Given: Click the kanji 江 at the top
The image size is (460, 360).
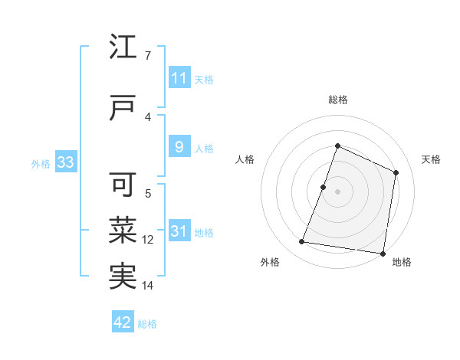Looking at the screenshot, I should [123, 49].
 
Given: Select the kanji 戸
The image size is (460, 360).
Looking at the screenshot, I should [123, 109].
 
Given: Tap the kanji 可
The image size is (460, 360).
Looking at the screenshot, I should [123, 185].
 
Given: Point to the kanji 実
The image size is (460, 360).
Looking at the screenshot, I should [123, 276].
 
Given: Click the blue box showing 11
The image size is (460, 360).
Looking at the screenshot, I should [179, 78].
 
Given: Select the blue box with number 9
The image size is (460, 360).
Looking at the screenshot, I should [179, 147].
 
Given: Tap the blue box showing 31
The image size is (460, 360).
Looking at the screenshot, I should [179, 231].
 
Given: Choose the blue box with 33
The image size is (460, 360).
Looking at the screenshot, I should [64, 162].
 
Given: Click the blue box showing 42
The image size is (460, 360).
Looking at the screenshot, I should [123, 322].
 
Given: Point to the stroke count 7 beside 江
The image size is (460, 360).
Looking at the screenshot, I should [147, 55].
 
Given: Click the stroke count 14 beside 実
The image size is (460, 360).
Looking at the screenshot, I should [148, 286].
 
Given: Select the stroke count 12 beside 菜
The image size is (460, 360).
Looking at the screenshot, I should [148, 240].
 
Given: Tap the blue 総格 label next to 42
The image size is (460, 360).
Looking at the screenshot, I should [147, 324].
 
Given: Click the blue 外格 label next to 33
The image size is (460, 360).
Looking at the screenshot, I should [41, 163].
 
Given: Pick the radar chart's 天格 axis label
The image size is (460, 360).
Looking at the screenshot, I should [432, 159].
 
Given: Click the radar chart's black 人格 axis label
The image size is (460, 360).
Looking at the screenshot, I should [245, 159].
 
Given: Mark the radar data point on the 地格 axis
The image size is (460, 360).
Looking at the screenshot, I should [383, 253].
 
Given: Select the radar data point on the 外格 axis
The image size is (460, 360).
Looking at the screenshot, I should [302, 242].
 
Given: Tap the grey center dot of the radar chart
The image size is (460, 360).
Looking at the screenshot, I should [337, 191].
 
